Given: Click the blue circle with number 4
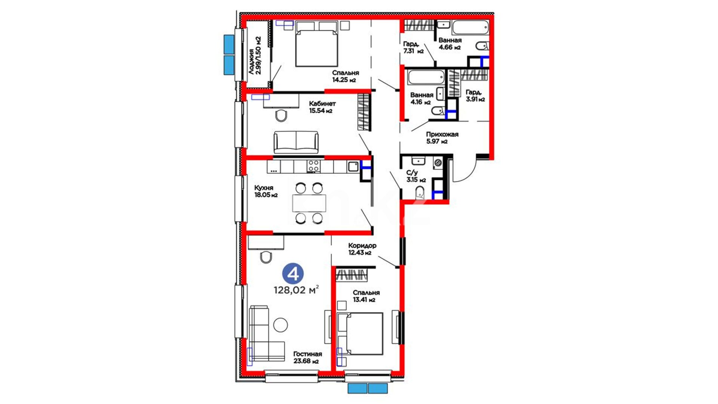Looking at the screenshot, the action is pyautogui.click(x=293, y=274).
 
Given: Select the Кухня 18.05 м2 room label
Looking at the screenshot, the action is pyautogui.click(x=266, y=191).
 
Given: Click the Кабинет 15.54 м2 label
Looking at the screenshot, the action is pyautogui.click(x=322, y=107).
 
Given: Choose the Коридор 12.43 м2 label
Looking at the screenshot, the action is pyautogui.click(x=362, y=249).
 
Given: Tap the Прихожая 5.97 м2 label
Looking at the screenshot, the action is pyautogui.click(x=442, y=138).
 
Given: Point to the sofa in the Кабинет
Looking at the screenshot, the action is pyautogui.click(x=296, y=142).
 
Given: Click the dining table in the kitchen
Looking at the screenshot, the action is pyautogui.click(x=309, y=203).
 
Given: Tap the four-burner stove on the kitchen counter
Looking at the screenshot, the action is pyautogui.click(x=313, y=166).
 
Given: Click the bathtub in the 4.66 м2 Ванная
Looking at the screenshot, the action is pyautogui.click(x=470, y=27).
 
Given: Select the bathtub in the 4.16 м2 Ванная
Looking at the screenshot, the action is pyautogui.click(x=426, y=77).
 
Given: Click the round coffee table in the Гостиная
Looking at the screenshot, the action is pyautogui.click(x=280, y=325).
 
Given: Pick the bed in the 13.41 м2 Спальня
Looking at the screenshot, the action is pyautogui.click(x=360, y=334).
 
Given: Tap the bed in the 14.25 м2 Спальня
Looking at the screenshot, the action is pyautogui.click(x=316, y=44).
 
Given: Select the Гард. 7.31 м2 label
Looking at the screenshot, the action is pyautogui.click(x=413, y=48).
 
